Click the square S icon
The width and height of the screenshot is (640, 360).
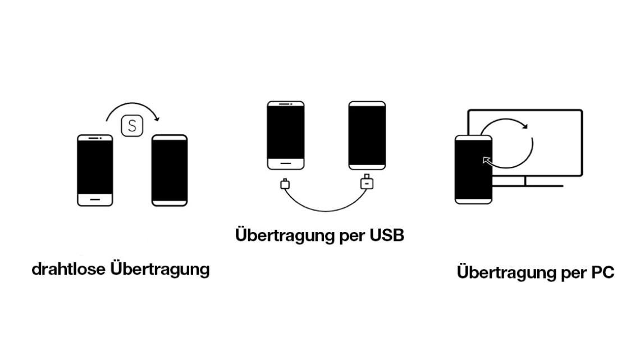[132, 126]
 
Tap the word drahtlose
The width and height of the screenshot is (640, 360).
[68, 269]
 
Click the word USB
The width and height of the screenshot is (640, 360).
[387, 235]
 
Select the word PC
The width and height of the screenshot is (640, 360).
[603, 272]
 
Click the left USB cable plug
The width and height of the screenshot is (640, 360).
[285, 184]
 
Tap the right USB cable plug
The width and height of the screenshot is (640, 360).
[367, 183]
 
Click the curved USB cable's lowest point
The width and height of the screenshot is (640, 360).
[326, 211]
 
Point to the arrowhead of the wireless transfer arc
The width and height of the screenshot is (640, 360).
[157, 119]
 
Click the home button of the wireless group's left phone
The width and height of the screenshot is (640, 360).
[95, 199]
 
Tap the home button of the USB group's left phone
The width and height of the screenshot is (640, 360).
[286, 163]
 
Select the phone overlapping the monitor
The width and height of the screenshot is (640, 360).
[473, 170]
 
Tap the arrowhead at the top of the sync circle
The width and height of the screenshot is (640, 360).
[525, 126]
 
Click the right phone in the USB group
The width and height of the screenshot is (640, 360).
[367, 135]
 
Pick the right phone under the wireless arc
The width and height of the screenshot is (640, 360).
[170, 171]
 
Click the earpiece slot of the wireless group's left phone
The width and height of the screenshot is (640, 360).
[94, 138]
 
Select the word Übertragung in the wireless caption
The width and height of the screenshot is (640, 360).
[160, 270]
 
